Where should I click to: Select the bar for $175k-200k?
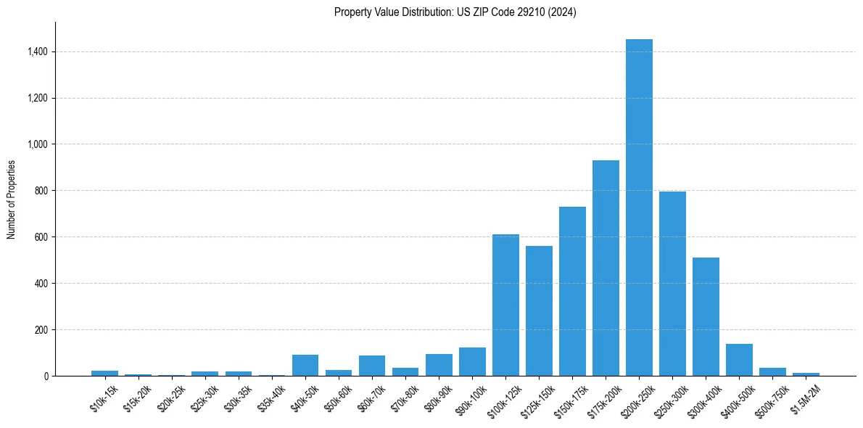(x=606, y=268)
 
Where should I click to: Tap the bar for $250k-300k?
(x=672, y=284)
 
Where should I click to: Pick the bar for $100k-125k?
(x=505, y=305)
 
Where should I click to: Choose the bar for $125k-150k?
(x=539, y=311)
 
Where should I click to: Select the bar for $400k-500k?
(x=739, y=361)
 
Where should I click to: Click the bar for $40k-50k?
(x=305, y=366)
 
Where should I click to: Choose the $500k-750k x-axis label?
(x=771, y=399)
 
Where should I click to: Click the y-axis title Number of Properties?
(x=11, y=199)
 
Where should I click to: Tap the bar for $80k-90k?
(x=439, y=365)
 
